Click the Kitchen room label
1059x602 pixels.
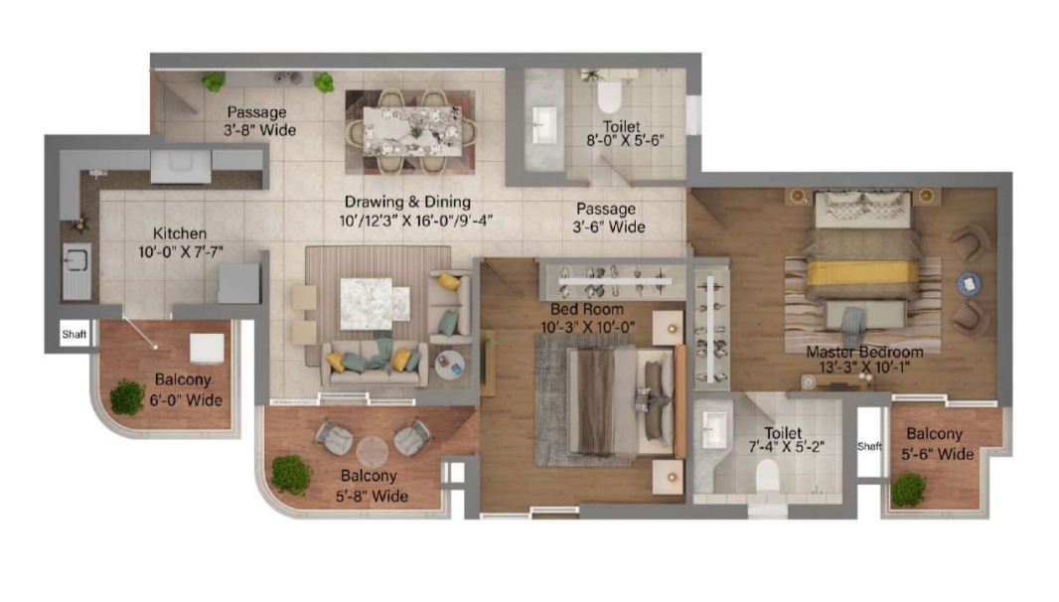click(x=180, y=233)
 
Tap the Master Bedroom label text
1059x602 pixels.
click(x=864, y=352)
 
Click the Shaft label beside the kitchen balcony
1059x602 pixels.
click(x=75, y=335)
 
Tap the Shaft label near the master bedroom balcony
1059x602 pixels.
click(x=869, y=446)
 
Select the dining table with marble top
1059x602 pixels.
click(x=411, y=130)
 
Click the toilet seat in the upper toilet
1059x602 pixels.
click(x=609, y=96)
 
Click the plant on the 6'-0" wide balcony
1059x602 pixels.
click(x=127, y=397)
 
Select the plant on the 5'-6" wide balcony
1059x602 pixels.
click(x=907, y=488)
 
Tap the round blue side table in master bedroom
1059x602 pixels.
click(x=968, y=284)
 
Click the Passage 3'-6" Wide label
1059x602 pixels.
click(x=606, y=219)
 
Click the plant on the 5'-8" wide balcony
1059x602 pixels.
click(x=291, y=474)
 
